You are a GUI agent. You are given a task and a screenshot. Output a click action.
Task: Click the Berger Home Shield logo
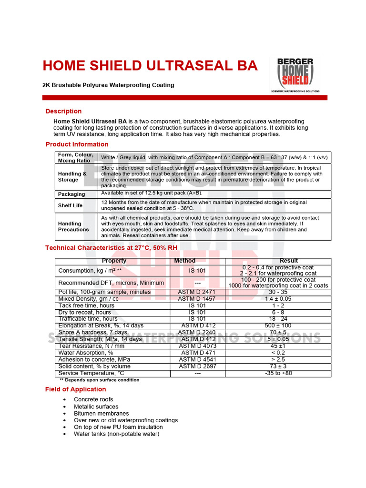[x=295, y=75]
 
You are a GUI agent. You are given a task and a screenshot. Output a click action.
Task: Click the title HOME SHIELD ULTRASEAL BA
[x=150, y=66]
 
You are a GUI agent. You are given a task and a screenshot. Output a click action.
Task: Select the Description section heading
[x=63, y=111]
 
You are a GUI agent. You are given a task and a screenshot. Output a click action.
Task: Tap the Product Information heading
[x=77, y=144]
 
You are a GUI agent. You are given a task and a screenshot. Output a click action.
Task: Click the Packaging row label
[x=71, y=194]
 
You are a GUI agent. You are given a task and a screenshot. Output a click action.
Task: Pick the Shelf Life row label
[x=70, y=205]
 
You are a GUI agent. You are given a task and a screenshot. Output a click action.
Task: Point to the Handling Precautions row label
[x=73, y=226]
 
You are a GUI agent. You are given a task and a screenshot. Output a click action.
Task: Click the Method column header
[x=185, y=261]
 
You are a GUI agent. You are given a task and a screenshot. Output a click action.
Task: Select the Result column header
[x=289, y=261]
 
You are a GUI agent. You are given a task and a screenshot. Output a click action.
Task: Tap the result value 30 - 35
[x=278, y=292]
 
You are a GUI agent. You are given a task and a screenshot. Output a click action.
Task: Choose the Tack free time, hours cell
[x=86, y=305]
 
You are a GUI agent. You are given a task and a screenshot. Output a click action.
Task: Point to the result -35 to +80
[x=278, y=373]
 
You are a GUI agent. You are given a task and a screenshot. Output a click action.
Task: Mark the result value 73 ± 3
[x=278, y=366]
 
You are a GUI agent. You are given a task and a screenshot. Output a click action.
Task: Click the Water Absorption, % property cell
[x=86, y=353]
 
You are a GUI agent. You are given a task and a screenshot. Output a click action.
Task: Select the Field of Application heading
[x=75, y=389]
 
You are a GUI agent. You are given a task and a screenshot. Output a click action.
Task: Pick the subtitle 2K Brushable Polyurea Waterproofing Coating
[x=108, y=85]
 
